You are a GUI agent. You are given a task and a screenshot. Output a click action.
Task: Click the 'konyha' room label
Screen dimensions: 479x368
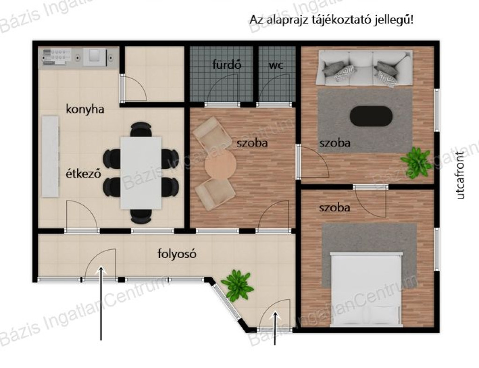click(85, 109)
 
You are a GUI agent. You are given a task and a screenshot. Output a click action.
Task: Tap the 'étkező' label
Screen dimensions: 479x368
click(83, 173)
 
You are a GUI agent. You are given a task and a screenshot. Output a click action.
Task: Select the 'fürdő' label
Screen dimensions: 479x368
click(227, 65)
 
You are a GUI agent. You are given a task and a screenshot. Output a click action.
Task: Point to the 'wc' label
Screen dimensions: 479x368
click(276, 65)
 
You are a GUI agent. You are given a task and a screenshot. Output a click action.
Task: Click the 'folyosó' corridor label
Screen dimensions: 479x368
click(177, 254)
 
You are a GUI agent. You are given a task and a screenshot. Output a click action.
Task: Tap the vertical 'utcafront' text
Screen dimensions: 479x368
click(460, 176)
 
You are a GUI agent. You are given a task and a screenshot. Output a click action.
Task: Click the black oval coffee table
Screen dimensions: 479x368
click(371, 116)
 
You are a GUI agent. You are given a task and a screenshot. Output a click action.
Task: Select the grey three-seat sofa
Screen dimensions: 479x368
click(365, 68)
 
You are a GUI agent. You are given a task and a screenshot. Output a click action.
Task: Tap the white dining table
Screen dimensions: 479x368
click(141, 173)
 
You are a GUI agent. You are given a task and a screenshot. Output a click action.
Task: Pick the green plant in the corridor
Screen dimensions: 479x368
click(237, 285)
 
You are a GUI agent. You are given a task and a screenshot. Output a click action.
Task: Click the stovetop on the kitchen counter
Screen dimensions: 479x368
click(57, 57)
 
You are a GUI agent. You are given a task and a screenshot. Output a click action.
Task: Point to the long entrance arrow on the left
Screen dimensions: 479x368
click(101, 303)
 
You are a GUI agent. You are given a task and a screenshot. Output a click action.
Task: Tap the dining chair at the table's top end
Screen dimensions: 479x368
click(141, 130)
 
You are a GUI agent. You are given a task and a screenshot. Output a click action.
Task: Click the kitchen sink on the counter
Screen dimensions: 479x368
click(95, 57)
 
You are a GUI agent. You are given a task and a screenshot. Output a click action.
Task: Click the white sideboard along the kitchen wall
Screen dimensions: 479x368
click(51, 156)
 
